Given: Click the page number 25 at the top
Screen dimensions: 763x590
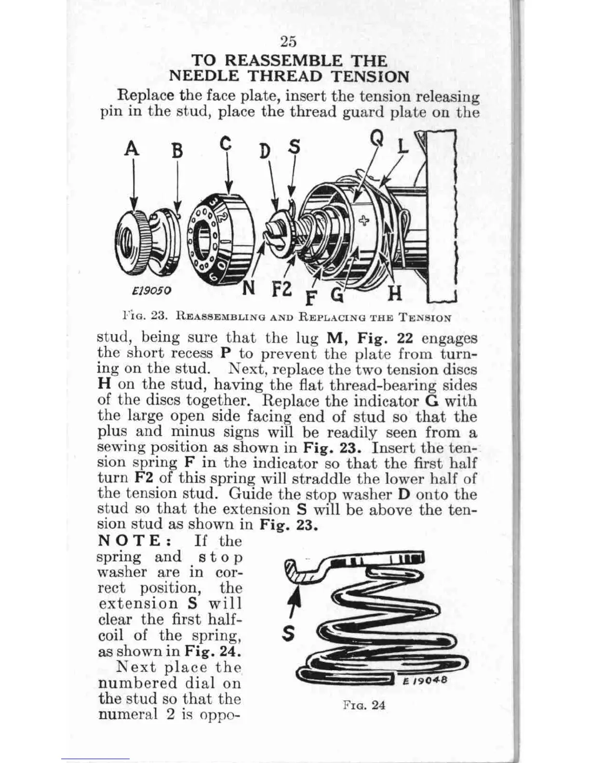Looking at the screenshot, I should [x=288, y=42].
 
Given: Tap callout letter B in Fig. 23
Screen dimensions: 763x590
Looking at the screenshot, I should [x=178, y=151].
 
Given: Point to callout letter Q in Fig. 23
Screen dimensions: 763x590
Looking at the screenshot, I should [x=377, y=139].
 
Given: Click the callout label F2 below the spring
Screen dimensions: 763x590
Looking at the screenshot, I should [x=282, y=289].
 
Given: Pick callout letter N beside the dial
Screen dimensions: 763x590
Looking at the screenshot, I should [x=248, y=288].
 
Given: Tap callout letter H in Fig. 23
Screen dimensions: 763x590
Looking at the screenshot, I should [x=395, y=292].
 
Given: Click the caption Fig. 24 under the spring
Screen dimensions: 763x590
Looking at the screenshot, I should [x=364, y=705].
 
